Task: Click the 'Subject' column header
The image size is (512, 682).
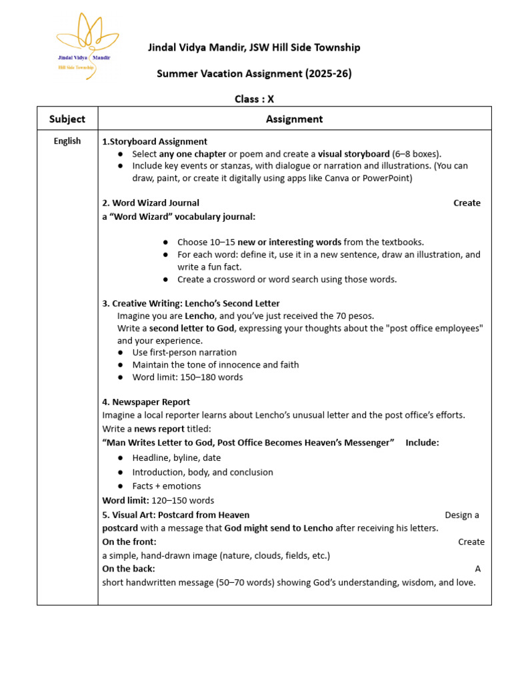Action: (67, 119)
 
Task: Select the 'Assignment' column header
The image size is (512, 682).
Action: (294, 119)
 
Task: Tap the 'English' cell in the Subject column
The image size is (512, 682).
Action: (67, 141)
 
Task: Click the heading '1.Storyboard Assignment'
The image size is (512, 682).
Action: (155, 141)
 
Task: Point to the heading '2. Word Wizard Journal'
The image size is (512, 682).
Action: (151, 202)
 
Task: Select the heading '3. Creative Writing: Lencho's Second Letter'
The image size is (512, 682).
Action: (191, 303)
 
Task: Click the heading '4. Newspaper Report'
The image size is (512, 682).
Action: (146, 402)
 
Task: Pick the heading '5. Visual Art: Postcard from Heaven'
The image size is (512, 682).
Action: (176, 514)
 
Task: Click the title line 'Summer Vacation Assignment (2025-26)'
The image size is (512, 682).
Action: (254, 73)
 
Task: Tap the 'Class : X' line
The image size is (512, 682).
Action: (254, 99)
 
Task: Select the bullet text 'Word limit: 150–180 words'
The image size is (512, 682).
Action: (187, 377)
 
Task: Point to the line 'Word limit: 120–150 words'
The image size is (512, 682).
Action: (158, 500)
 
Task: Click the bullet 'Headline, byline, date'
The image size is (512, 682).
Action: (176, 458)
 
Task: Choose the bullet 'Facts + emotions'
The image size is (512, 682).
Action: (166, 486)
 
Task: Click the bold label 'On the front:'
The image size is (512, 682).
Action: (129, 541)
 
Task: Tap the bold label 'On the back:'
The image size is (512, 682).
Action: (129, 568)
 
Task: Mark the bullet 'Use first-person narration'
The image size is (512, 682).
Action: (184, 352)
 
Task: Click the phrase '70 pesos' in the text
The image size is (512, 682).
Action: (357, 316)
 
